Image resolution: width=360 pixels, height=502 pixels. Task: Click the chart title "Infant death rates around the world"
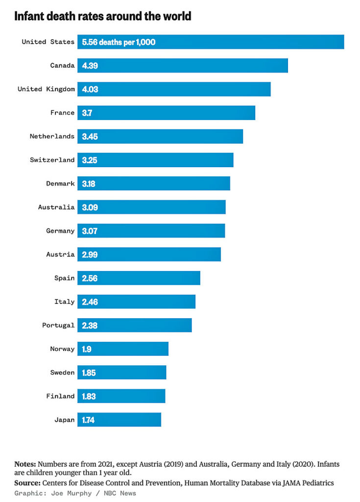[x=102, y=17]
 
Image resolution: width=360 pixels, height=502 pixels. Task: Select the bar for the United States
[x=211, y=42]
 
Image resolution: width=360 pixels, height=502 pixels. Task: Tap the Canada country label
[x=62, y=66]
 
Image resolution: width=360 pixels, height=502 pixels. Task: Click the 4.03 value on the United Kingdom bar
[x=90, y=89]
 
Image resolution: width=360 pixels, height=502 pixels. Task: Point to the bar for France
[x=167, y=113]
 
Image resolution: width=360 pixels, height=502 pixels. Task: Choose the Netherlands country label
[x=52, y=136]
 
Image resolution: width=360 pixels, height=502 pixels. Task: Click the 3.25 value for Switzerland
[x=90, y=160]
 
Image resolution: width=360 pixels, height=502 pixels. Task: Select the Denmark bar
[x=154, y=184]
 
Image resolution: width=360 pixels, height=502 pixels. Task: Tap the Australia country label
[x=56, y=207]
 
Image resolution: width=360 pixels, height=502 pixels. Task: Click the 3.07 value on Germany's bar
[x=90, y=231]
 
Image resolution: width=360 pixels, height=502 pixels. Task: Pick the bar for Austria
[x=149, y=254]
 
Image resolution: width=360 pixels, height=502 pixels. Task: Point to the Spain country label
[x=64, y=278]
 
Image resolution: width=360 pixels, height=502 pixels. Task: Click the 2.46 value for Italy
[x=90, y=302]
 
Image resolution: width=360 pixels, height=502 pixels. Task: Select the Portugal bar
[x=135, y=326]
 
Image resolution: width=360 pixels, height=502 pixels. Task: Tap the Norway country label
[x=62, y=349]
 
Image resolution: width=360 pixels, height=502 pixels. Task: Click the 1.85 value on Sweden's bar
[x=89, y=373]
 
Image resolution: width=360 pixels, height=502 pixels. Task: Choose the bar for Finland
[x=121, y=396]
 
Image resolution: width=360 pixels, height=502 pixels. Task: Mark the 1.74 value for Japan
[x=89, y=420]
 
